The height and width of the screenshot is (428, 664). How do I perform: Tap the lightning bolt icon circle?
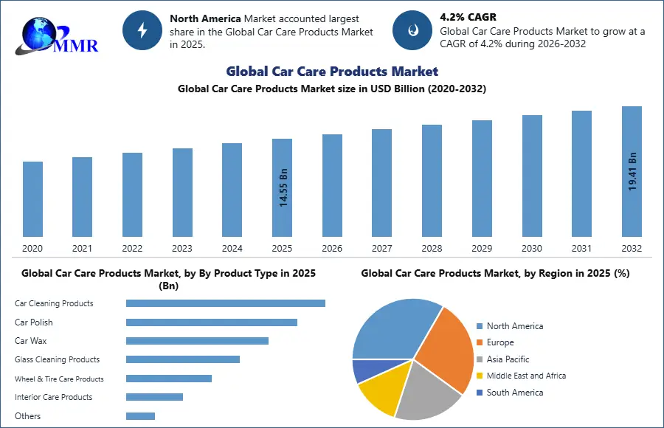coord(142,30)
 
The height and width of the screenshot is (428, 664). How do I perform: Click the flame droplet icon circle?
coord(412,30)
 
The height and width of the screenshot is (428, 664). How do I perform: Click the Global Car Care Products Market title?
coord(332,72)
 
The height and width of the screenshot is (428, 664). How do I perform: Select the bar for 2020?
coord(32,199)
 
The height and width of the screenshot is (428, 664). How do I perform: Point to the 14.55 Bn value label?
coord(283,188)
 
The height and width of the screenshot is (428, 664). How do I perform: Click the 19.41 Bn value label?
coord(632,172)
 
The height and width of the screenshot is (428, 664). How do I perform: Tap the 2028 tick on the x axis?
coord(432,249)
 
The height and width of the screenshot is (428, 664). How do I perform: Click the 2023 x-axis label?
coord(182,249)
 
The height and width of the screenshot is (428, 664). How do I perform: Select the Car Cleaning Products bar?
coord(225,303)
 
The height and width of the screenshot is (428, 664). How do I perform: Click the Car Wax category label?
coord(31,341)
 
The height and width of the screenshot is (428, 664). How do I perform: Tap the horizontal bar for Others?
coord(140,416)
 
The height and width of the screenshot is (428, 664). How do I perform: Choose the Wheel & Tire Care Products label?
coord(59,379)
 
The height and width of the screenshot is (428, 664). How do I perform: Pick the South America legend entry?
coord(514,393)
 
